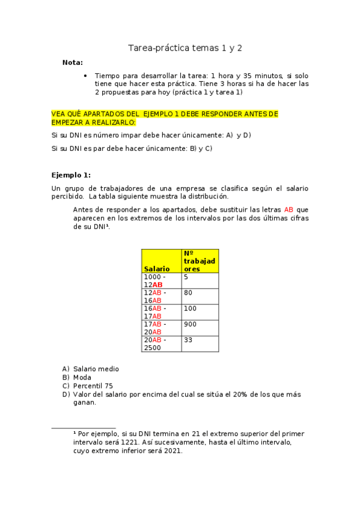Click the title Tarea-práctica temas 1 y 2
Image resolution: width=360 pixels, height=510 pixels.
coord(185,48)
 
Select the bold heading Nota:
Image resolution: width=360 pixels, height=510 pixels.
coord(73,63)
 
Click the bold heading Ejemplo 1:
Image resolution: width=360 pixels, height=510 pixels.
coord(71,175)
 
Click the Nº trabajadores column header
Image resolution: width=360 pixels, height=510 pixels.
coord(200,261)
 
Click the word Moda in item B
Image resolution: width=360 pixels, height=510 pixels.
coord(82,378)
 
